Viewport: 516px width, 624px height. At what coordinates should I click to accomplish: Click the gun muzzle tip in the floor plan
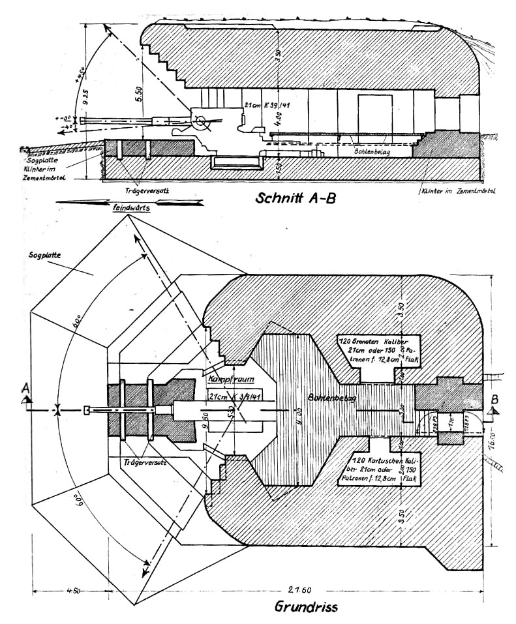tap(87, 410)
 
